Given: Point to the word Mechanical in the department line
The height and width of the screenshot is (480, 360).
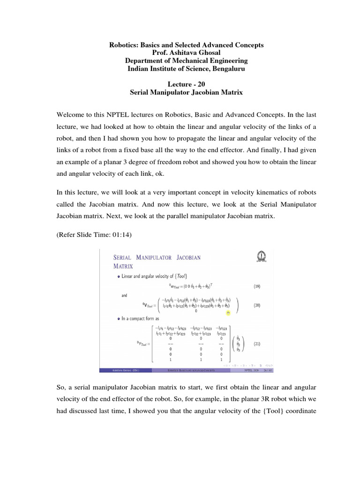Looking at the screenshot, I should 189,61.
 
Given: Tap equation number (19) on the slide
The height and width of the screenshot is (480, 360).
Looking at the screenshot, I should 256,285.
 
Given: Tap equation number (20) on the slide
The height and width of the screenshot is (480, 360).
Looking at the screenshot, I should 256,305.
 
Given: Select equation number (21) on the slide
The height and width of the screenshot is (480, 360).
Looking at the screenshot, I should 256,343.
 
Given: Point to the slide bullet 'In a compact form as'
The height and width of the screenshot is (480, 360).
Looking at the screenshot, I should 140,319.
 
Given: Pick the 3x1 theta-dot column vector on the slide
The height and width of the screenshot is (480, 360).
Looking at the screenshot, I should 239,343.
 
